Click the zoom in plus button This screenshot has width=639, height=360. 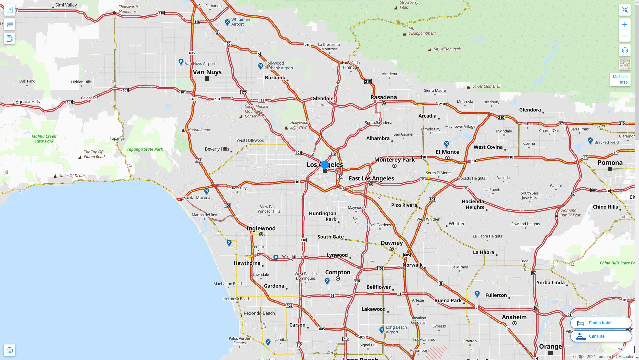(x=625, y=24)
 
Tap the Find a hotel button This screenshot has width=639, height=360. (x=601, y=323)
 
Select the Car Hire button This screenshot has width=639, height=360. (x=601, y=336)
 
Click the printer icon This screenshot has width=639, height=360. (x=9, y=350)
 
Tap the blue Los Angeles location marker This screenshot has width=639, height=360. (x=325, y=165)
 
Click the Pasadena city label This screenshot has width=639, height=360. (x=384, y=97)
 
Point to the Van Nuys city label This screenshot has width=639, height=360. (x=207, y=72)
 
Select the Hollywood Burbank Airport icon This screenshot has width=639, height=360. (x=261, y=66)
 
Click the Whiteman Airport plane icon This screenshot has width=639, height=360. (x=227, y=22)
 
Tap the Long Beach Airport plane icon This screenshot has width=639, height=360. (x=382, y=330)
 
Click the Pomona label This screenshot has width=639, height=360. (x=610, y=163)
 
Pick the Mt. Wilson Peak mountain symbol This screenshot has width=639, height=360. (x=429, y=49)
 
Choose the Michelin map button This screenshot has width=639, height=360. (x=620, y=80)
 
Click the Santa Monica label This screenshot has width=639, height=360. (x=197, y=197)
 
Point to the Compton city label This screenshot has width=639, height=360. (x=338, y=272)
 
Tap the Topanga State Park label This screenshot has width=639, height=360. (x=145, y=149)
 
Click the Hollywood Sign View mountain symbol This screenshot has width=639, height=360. (x=286, y=128)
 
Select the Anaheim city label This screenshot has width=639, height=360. (x=514, y=317)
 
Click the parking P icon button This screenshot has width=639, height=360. (x=9, y=10)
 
